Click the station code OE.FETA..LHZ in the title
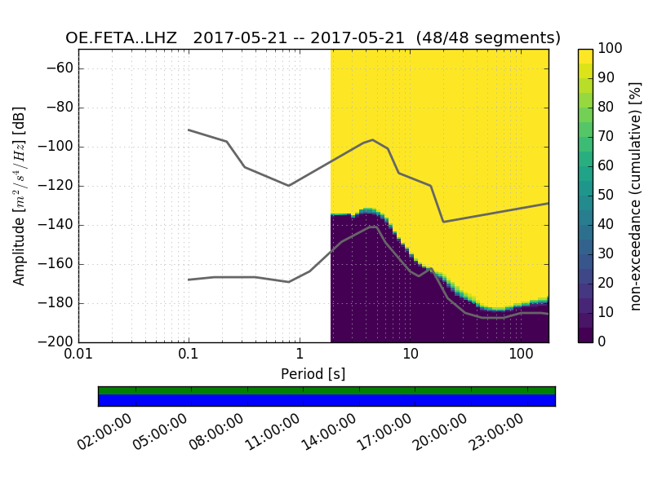124,38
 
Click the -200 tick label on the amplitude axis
56,342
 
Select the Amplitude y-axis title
20,196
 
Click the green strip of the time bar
326,390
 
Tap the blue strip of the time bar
326,399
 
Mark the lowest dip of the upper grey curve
443,222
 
